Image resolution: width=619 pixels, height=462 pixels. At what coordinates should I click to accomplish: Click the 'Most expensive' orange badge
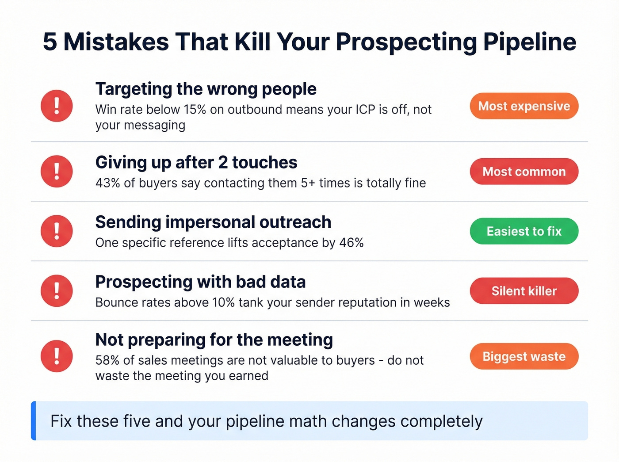coord(524,106)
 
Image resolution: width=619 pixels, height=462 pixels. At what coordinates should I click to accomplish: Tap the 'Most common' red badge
coord(524,172)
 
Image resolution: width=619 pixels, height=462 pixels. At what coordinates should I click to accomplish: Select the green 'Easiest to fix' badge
coord(524,231)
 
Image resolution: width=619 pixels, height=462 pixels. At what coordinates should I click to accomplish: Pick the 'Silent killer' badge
coord(524,291)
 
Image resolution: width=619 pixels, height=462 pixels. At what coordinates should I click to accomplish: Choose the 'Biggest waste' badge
coord(524,356)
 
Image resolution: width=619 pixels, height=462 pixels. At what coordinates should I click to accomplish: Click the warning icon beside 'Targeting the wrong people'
coord(57,106)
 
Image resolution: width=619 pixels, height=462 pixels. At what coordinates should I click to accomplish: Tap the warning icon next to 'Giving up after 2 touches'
coord(57,172)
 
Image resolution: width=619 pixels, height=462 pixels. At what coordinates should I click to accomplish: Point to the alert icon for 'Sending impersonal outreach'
coord(57,231)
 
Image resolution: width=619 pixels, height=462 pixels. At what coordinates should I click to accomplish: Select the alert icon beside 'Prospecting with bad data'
coord(57,291)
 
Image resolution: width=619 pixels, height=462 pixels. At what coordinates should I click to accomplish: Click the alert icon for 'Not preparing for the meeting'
coord(57,356)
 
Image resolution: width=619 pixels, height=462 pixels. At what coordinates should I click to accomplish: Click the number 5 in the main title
coord(50,42)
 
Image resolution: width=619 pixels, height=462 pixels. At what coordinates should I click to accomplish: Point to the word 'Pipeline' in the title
coord(530,42)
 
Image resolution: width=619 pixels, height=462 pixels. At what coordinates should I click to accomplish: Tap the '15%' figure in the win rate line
coord(195,110)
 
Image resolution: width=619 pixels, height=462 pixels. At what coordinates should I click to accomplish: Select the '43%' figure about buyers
coord(107,183)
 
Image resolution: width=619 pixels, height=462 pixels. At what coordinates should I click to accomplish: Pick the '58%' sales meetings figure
coord(107,360)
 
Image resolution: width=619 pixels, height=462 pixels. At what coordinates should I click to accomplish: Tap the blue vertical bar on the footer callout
coord(34,421)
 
